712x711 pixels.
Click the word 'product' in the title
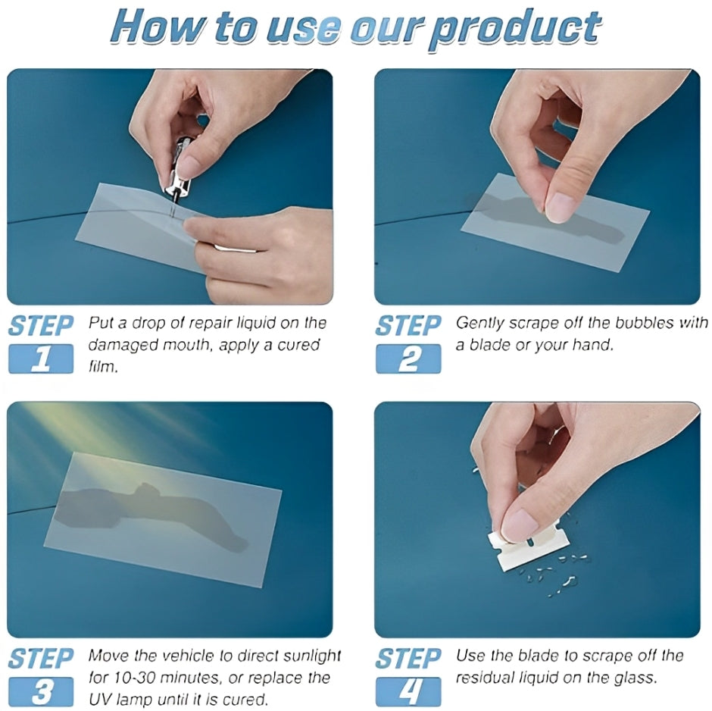click(x=515, y=29)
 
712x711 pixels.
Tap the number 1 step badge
click(x=41, y=359)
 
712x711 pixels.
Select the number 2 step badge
click(x=408, y=359)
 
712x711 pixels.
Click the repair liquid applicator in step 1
click(x=179, y=168)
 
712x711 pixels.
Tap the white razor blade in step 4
click(x=522, y=548)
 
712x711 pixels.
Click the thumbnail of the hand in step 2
click(x=559, y=208)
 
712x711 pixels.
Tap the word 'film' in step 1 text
click(x=102, y=367)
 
